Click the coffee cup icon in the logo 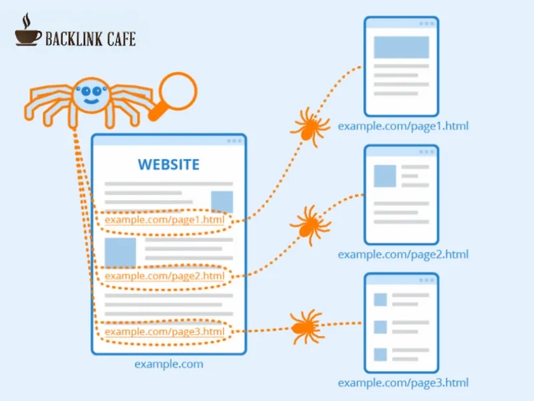tap(27, 33)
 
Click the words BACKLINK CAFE tap(90, 39)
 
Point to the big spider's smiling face tap(91, 96)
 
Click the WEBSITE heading tap(168, 164)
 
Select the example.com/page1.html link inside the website tap(164, 219)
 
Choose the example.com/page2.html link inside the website tap(164, 275)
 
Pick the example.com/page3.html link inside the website tap(164, 331)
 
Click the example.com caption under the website tap(168, 364)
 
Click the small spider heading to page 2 tap(309, 222)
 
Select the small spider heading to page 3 tap(307, 327)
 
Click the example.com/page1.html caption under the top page tap(403, 126)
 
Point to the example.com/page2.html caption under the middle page tap(403, 254)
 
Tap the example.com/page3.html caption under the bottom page tap(403, 382)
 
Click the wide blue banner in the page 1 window tap(400, 47)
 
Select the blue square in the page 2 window tap(384, 176)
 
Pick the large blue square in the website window tap(120, 253)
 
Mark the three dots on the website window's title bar tap(234, 141)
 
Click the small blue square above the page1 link tap(222, 201)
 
